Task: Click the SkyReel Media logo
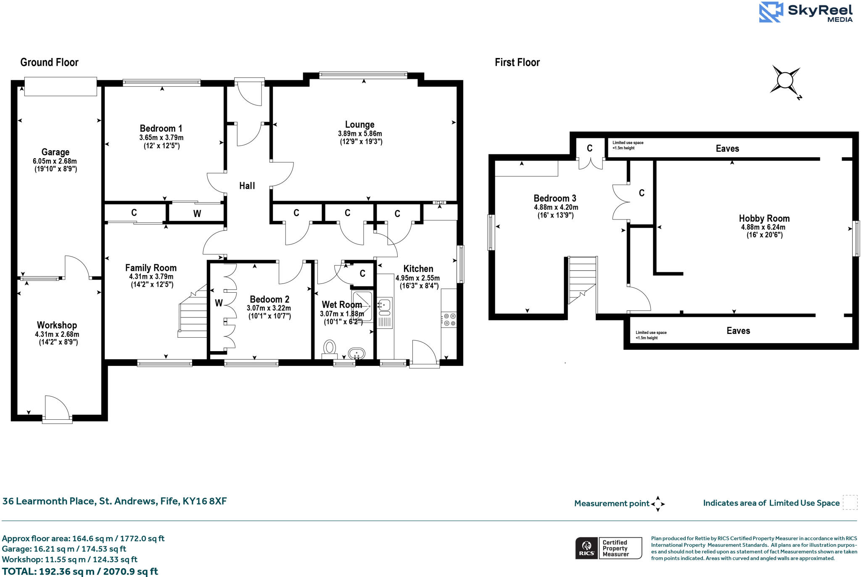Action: [806, 12]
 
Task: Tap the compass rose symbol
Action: [785, 80]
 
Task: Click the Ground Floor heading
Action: [49, 63]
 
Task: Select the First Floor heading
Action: [517, 63]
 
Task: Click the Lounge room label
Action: [359, 124]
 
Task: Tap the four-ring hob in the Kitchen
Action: [449, 319]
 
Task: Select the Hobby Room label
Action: [764, 218]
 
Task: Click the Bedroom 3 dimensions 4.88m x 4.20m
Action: [556, 207]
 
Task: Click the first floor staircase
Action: [582, 280]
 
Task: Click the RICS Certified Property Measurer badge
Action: [608, 548]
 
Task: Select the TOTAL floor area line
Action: [80, 571]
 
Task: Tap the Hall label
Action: [247, 186]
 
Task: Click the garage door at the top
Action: [61, 87]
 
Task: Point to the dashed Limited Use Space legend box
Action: [850, 503]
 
